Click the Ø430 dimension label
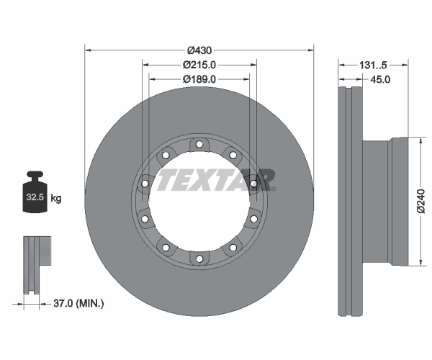tap(199, 50)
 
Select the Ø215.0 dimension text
tap(199, 65)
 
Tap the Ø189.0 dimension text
tap(199, 79)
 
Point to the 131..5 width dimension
tap(373, 66)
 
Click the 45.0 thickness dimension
tap(380, 80)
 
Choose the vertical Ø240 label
tap(421, 201)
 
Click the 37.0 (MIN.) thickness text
tap(78, 304)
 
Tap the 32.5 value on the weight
tap(35, 197)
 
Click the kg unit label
tap(56, 198)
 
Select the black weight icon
tap(35, 192)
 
